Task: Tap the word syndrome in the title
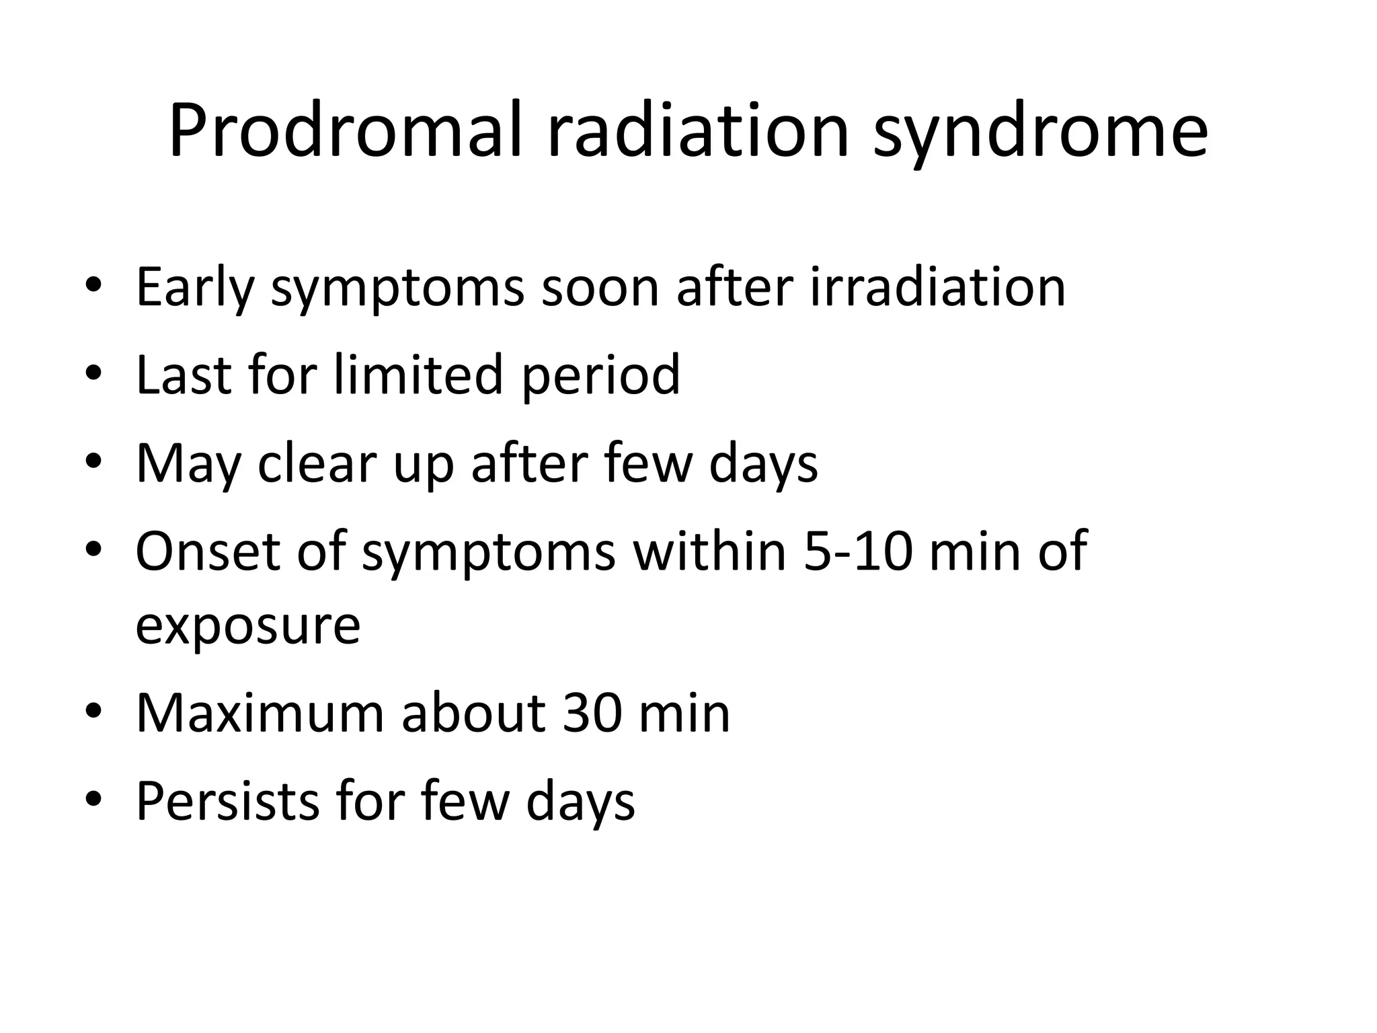click(x=1040, y=131)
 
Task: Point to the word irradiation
click(x=938, y=288)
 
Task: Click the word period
click(x=600, y=375)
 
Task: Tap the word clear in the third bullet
click(x=319, y=463)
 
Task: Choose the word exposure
click(x=248, y=625)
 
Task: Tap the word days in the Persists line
click(x=580, y=801)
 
